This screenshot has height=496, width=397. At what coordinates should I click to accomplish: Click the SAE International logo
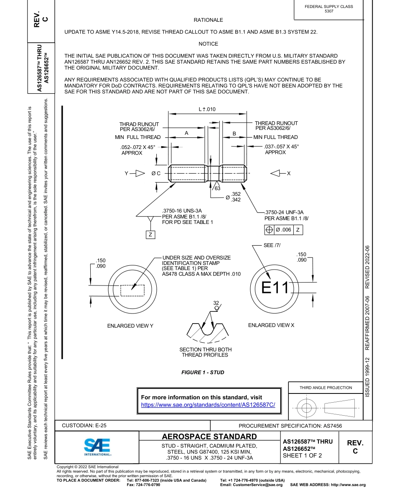(97, 447)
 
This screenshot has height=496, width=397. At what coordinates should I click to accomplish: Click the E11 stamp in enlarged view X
(275, 288)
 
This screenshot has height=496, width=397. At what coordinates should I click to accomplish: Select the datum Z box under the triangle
(150, 235)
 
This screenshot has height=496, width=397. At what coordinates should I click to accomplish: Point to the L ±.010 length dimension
(207, 109)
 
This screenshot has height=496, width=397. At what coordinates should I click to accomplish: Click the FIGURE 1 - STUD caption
(203, 373)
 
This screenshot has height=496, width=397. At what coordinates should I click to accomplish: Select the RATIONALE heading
(208, 20)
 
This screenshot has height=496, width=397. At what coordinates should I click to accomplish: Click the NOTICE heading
(208, 44)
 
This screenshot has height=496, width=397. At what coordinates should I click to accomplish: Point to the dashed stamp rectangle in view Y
(132, 290)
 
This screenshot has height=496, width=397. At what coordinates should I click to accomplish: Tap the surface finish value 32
(216, 303)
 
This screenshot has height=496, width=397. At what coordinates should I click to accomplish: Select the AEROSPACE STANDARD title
(209, 437)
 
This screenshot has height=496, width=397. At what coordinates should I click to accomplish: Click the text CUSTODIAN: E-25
(84, 425)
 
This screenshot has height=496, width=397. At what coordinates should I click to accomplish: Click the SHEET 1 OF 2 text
(302, 456)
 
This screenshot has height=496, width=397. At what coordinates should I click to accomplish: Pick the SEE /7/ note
(272, 245)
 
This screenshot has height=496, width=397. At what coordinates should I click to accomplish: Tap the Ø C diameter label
(156, 173)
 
